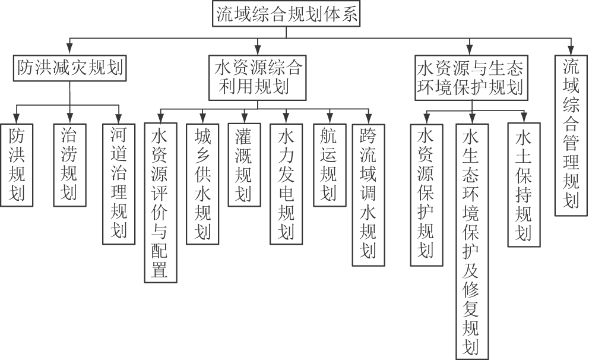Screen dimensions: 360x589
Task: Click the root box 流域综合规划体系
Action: coord(287,15)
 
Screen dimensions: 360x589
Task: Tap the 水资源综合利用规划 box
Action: coord(257,75)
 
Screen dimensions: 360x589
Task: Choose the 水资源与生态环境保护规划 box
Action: coord(470,75)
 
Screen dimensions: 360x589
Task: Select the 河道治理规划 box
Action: coord(119,183)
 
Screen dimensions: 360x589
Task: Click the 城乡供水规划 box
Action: coord(202,183)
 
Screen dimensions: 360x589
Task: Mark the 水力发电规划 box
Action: coord(286,183)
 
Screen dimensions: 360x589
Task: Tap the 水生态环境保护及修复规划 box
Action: coord(472,240)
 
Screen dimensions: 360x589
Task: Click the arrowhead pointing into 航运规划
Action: coord(329,118)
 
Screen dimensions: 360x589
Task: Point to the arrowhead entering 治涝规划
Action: coord(69,118)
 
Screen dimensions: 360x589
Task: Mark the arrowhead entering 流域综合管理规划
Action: coord(571,50)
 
